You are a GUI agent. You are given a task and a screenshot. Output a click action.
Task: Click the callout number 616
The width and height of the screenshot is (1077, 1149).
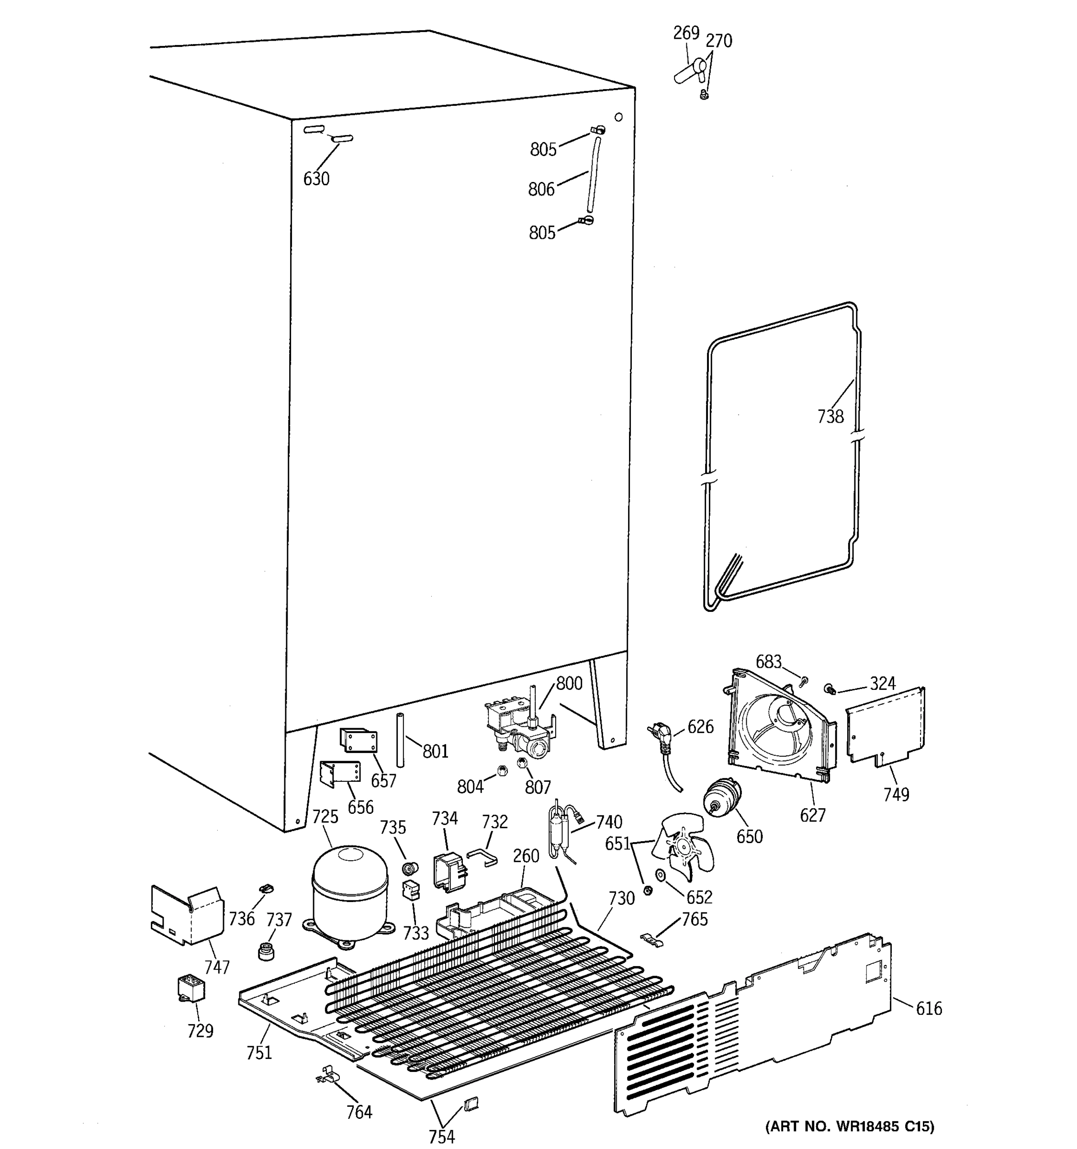(929, 1009)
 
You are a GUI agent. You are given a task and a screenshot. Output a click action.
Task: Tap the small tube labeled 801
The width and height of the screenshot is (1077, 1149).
(400, 740)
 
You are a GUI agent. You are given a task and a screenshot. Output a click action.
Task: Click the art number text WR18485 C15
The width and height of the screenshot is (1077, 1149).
(849, 1126)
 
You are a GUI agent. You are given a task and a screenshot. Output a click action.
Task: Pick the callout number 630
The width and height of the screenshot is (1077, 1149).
(316, 179)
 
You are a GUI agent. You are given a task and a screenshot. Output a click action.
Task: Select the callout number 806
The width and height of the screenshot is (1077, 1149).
(541, 189)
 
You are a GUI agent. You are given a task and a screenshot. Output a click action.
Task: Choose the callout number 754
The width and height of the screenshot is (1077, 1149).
(441, 1136)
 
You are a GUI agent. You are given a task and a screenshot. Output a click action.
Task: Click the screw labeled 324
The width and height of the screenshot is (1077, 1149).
(830, 688)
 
